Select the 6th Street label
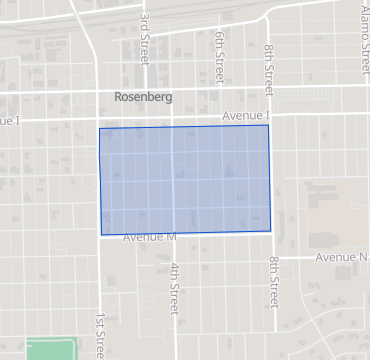click(x=219, y=56)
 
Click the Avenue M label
click(x=149, y=237)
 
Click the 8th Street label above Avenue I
click(x=269, y=64)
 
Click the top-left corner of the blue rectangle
click(x=99, y=129)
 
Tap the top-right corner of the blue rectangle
click(x=268, y=125)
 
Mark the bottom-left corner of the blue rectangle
click(x=100, y=236)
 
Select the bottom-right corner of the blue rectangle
click(x=271, y=232)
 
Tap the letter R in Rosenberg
click(x=120, y=97)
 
